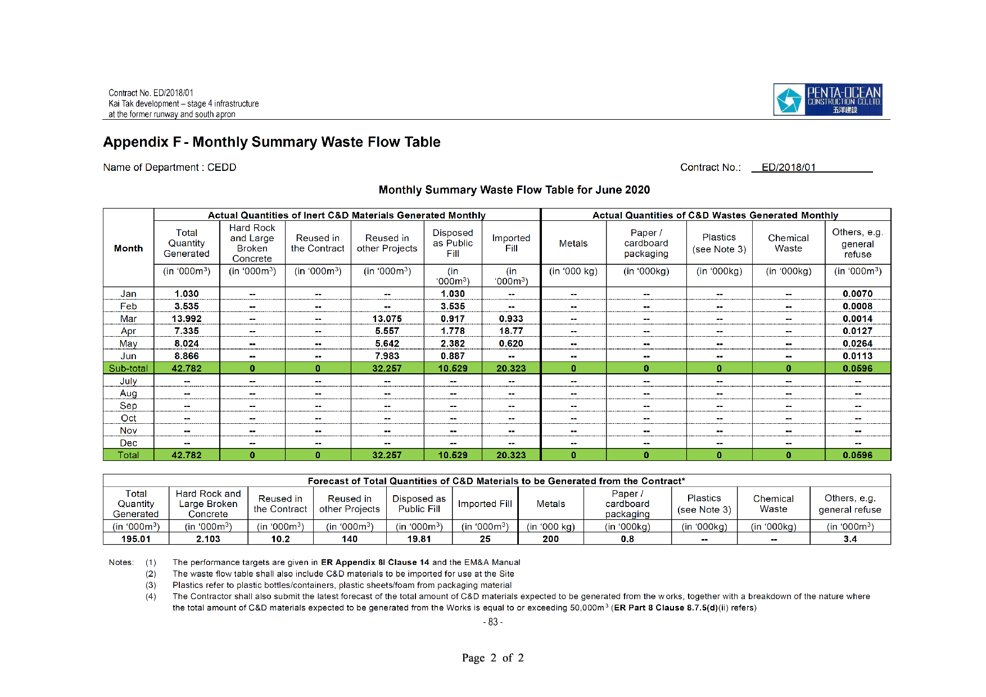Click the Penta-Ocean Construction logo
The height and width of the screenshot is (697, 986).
click(x=827, y=99)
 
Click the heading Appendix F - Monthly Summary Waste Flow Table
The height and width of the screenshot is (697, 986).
click(x=272, y=142)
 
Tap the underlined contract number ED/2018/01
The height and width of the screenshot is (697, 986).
click(x=788, y=168)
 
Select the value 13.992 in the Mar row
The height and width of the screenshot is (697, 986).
click(x=187, y=319)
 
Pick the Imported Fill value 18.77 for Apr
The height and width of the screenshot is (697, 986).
click(x=511, y=331)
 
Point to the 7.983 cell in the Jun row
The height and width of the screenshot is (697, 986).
click(x=387, y=356)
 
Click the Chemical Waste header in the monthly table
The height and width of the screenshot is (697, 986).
click(x=788, y=243)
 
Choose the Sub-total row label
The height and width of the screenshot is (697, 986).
click(x=128, y=369)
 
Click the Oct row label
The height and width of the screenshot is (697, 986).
click(x=128, y=418)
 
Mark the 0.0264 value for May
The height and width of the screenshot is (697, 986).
click(x=857, y=343)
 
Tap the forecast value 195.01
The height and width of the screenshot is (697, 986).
click(x=136, y=539)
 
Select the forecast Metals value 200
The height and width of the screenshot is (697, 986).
click(x=550, y=539)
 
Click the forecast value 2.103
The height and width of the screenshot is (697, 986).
click(x=208, y=539)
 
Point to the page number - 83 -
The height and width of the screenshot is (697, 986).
click(x=493, y=622)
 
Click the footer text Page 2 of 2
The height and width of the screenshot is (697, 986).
click(x=492, y=658)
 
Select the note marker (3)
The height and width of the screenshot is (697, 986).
click(x=151, y=585)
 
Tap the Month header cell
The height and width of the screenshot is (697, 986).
click(x=128, y=248)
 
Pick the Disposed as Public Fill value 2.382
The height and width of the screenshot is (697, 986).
click(x=453, y=343)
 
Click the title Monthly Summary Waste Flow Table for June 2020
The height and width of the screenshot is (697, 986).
click(x=514, y=190)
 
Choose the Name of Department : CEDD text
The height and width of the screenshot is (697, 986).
click(x=170, y=168)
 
